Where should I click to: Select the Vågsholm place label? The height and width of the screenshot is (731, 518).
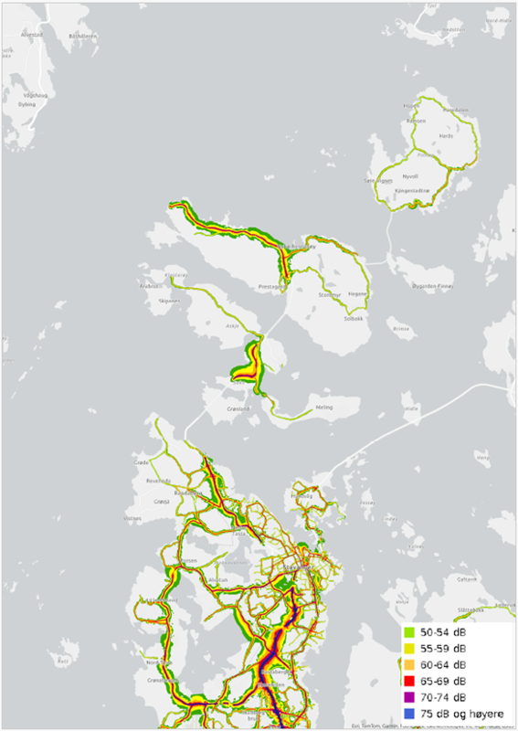click(35, 94)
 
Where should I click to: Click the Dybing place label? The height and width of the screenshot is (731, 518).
click(26, 104)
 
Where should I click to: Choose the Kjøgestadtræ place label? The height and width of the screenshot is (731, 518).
click(411, 189)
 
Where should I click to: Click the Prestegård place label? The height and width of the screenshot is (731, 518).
click(273, 286)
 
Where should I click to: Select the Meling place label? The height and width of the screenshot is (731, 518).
click(323, 408)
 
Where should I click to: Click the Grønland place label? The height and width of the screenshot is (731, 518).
click(238, 408)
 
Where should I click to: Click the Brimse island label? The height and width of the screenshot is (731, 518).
click(399, 328)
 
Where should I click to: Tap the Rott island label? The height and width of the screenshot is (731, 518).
click(63, 660)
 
